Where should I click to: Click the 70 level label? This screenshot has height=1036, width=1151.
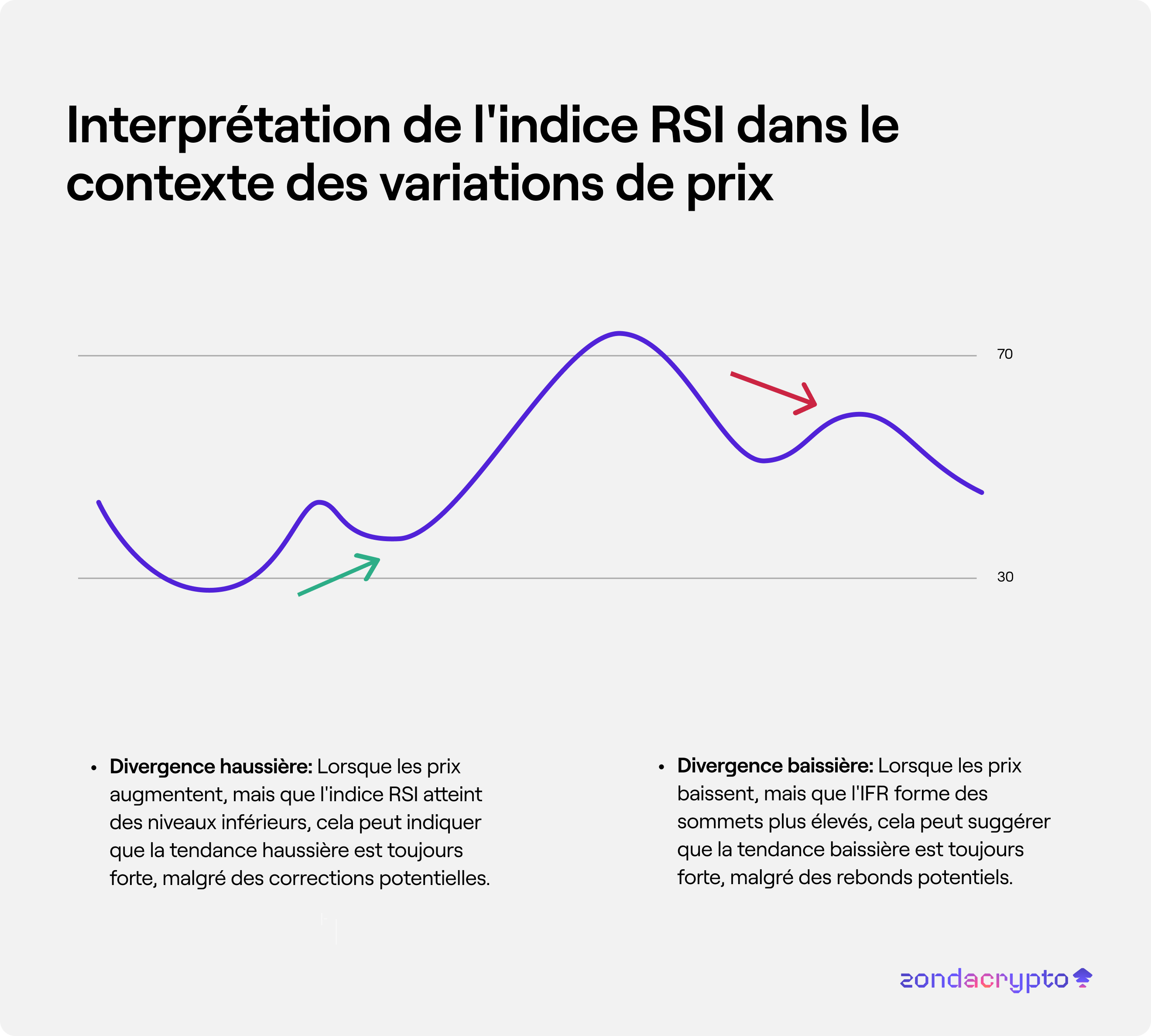pos(1005,354)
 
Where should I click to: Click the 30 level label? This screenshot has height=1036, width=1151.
pos(1005,576)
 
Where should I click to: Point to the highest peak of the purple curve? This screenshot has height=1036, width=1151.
pos(619,333)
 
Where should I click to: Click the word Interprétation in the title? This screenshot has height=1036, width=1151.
pos(228,127)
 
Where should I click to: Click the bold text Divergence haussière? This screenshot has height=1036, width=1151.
pos(211,767)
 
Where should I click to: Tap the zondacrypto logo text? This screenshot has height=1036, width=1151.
pos(983,979)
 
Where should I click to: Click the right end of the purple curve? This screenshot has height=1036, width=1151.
pos(981,492)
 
